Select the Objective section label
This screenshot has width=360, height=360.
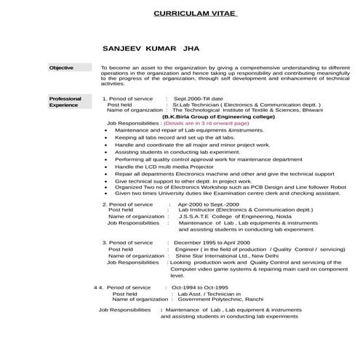[61, 68]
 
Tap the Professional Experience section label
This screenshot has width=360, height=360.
[65, 101]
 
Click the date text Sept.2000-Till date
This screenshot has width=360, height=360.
[198, 97]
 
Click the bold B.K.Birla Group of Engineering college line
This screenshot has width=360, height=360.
[209, 116]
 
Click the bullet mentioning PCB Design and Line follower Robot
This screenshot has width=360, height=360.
[230, 186]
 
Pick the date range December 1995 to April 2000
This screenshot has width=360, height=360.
[212, 241]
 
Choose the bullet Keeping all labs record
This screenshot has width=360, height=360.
[163, 137]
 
